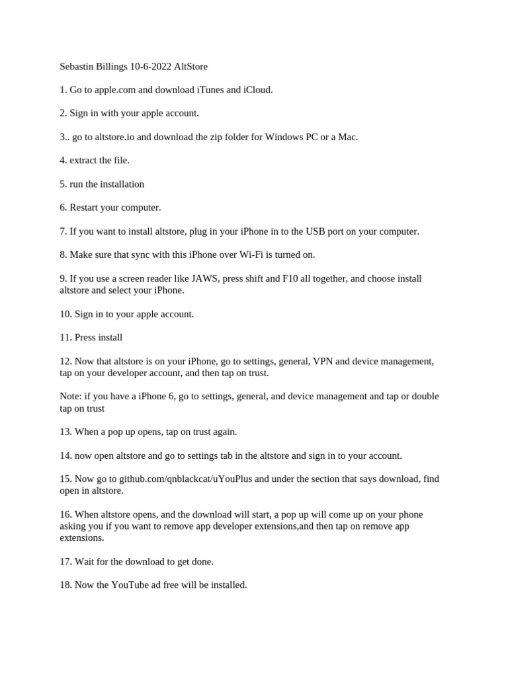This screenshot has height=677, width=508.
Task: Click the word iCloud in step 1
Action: (x=258, y=90)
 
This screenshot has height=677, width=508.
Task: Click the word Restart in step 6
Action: (x=86, y=208)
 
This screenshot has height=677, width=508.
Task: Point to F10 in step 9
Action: (x=290, y=278)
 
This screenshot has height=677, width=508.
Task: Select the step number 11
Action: (x=65, y=337)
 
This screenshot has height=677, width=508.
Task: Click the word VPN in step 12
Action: (x=323, y=362)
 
